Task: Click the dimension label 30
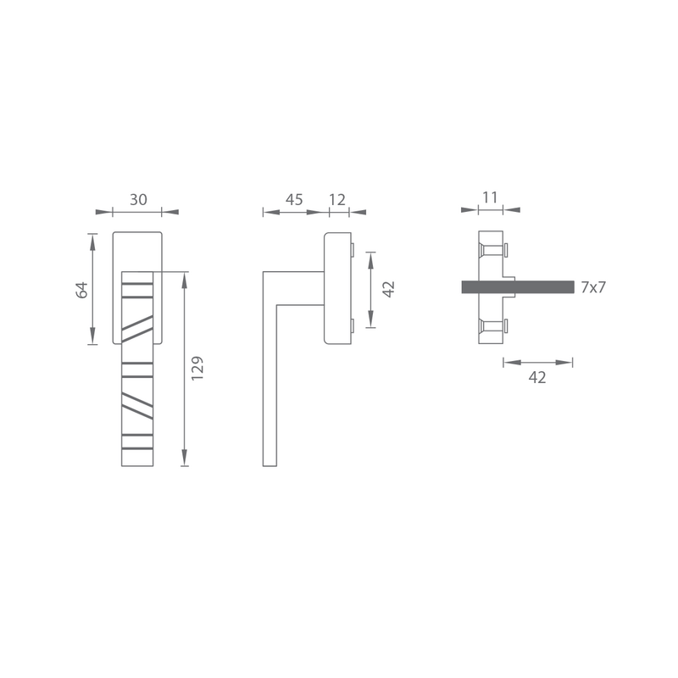tap(138, 200)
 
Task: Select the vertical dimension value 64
tap(81, 290)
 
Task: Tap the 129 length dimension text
tap(197, 369)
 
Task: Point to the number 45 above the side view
tap(294, 200)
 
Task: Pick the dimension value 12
tap(337, 200)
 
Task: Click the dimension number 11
tap(490, 197)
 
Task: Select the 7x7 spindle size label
tap(593, 287)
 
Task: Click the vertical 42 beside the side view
tap(389, 289)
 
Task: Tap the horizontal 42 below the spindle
tap(537, 377)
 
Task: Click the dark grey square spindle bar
tap(518, 287)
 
